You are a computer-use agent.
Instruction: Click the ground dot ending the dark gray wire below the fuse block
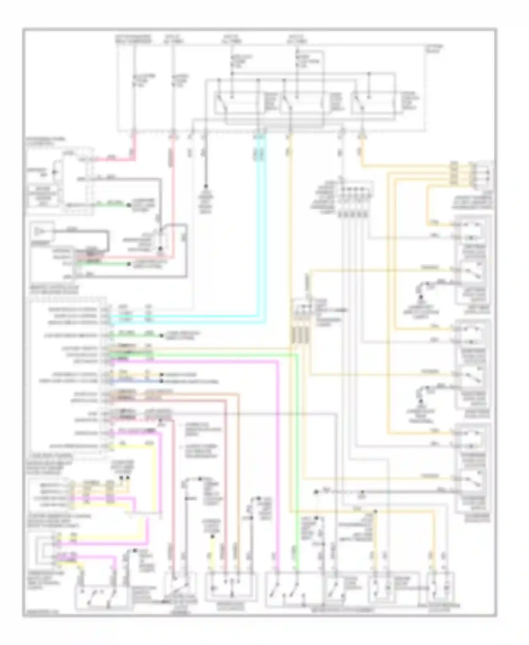point(206,186)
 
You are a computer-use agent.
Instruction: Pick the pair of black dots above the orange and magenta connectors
point(124,478)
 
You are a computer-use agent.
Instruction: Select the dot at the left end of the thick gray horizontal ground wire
point(316,492)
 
